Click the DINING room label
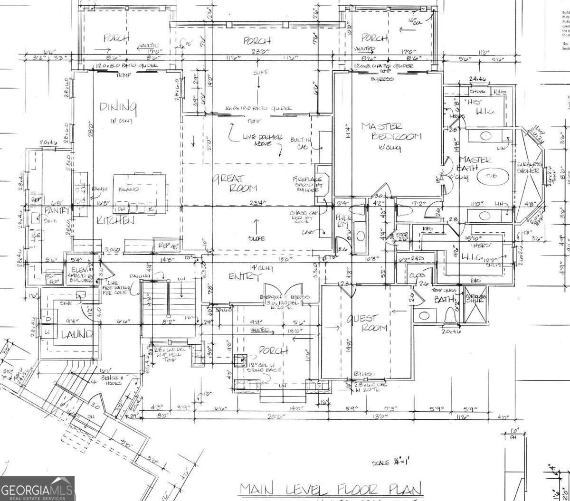(x=118, y=107)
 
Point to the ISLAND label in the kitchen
(x=129, y=189)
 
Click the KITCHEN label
(x=115, y=220)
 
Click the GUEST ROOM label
(x=369, y=323)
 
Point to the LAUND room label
(x=76, y=334)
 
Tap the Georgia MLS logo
(x=37, y=489)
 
